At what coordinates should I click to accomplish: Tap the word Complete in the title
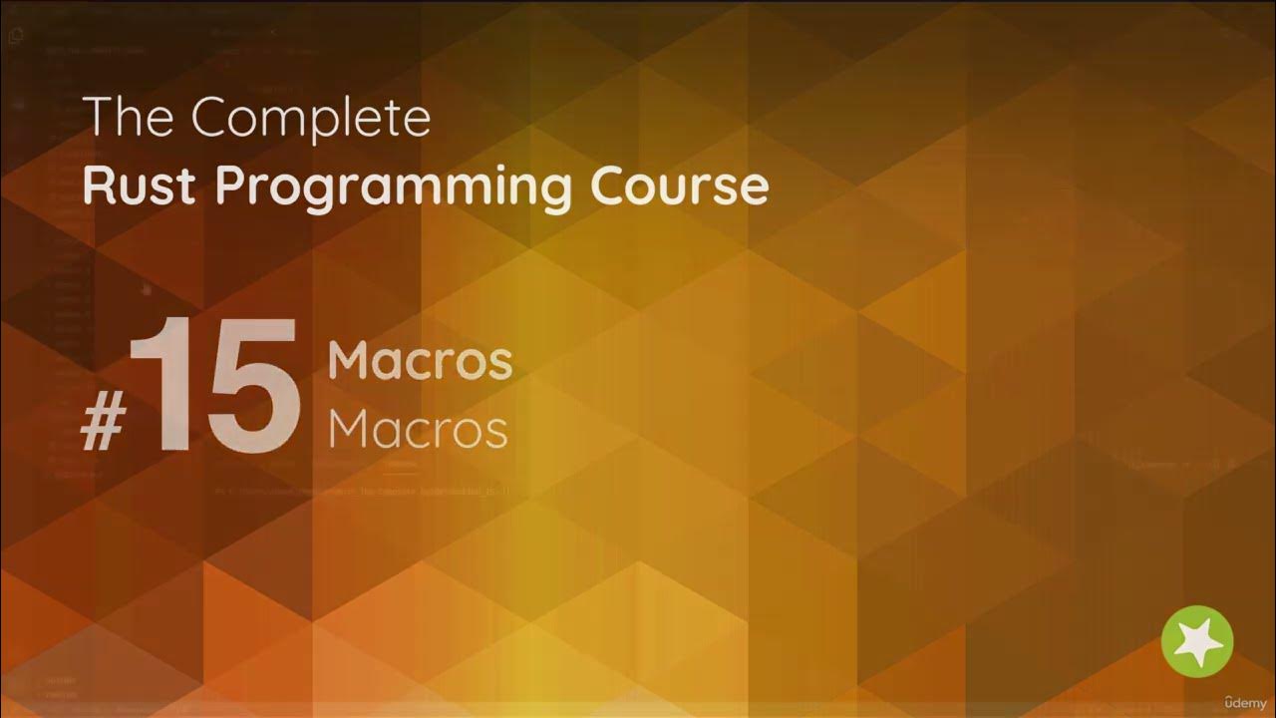(x=311, y=120)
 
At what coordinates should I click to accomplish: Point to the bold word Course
(x=679, y=185)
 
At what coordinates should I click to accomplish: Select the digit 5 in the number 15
(x=249, y=383)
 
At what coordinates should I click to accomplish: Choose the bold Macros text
(x=420, y=360)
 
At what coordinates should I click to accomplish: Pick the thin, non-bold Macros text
(x=418, y=429)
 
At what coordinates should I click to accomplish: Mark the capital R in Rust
(x=99, y=185)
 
